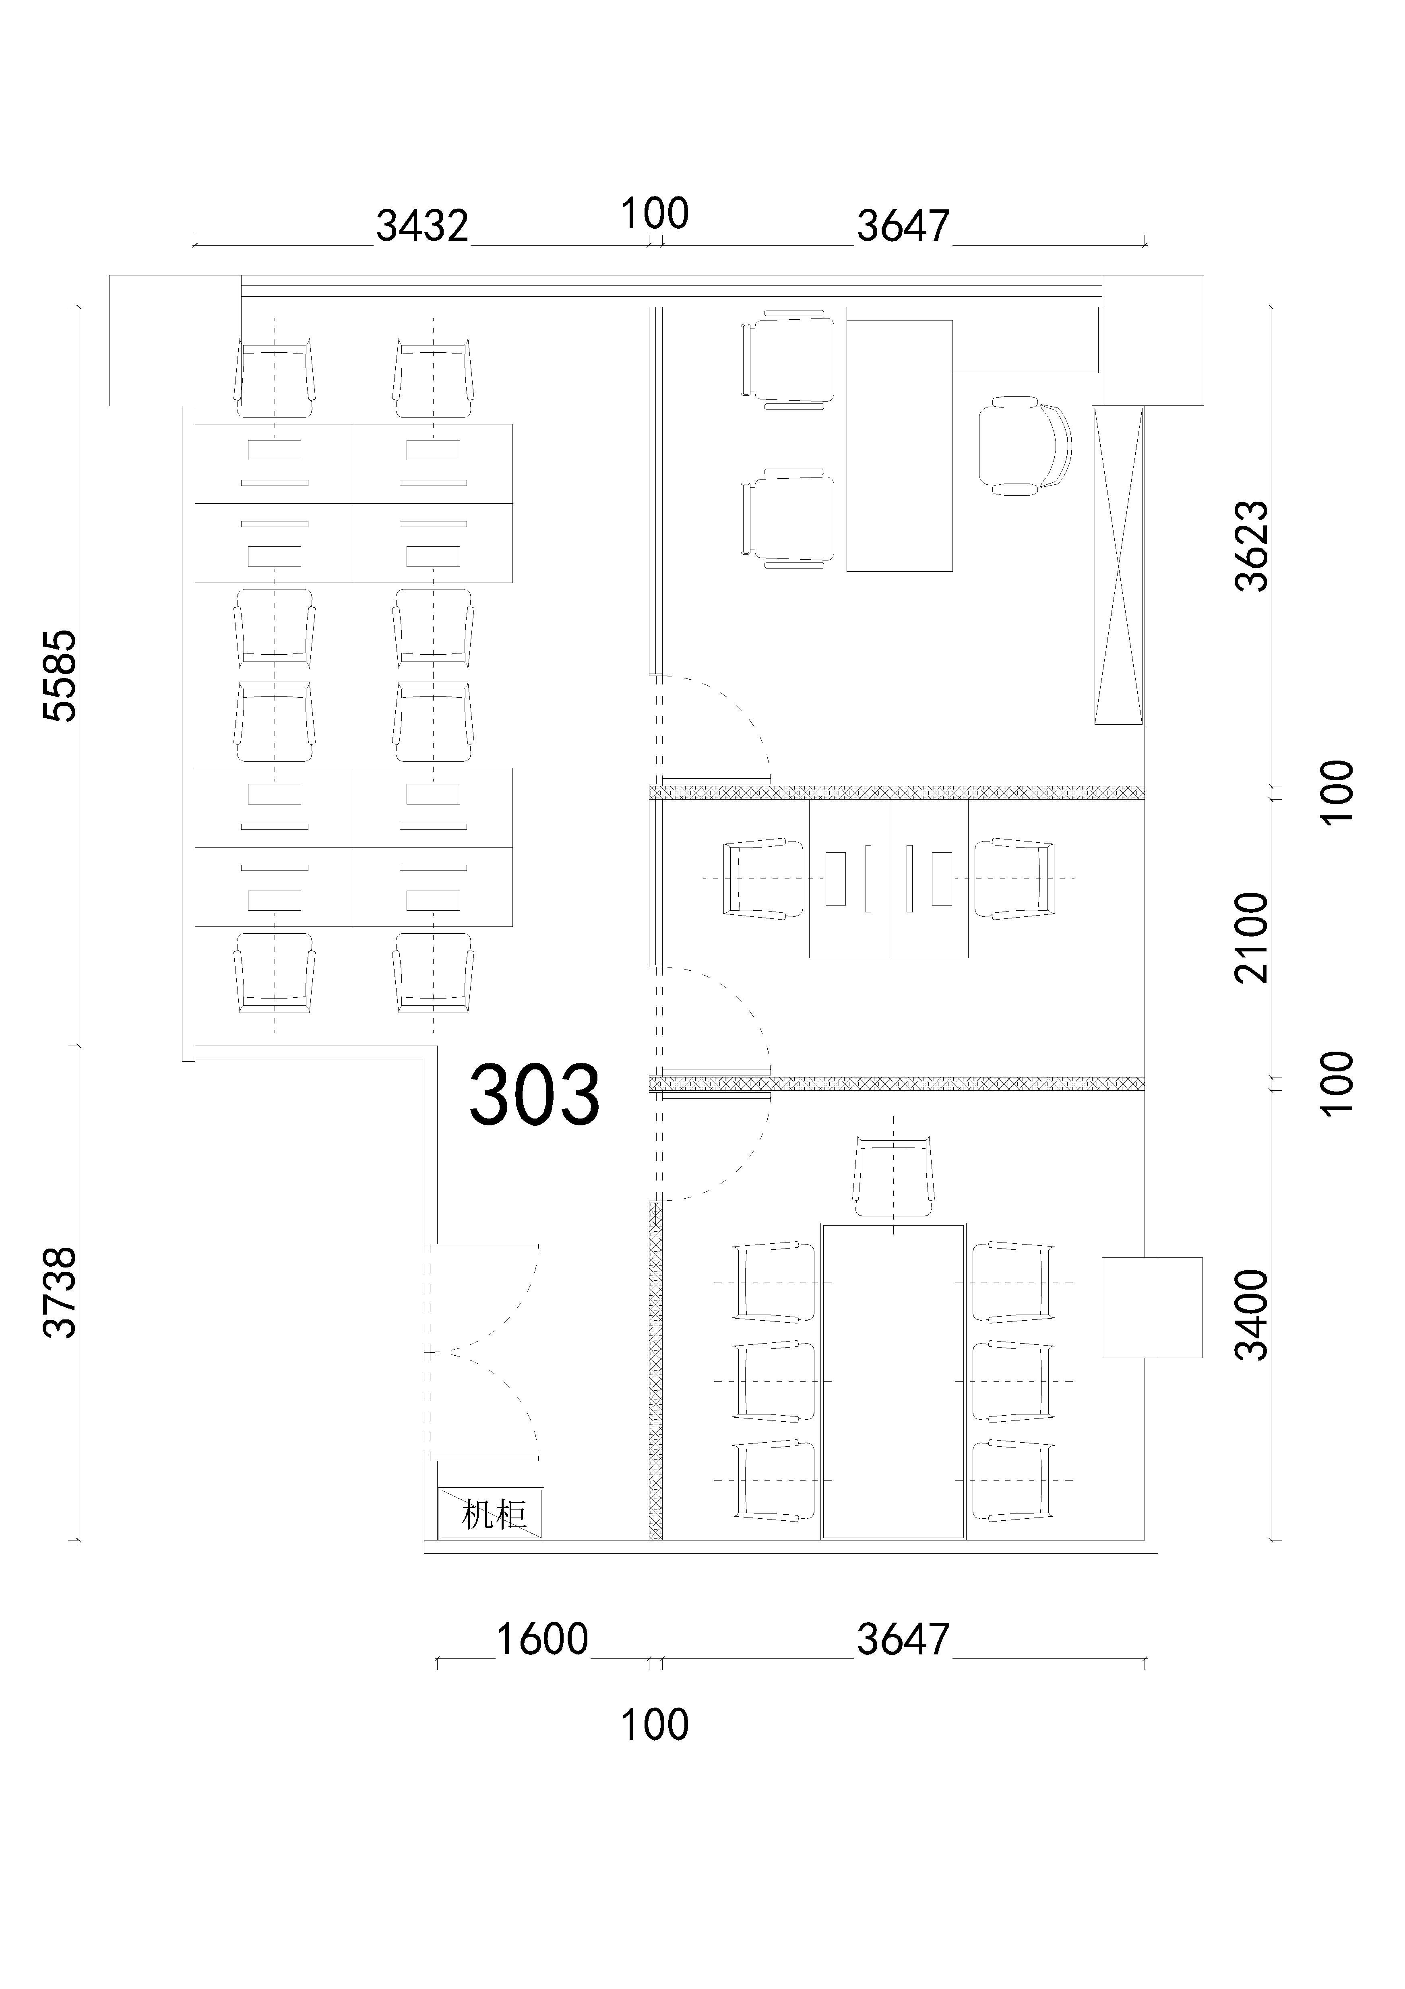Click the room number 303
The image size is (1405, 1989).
(x=535, y=1095)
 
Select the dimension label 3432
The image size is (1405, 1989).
(x=422, y=226)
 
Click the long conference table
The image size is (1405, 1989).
(x=893, y=1380)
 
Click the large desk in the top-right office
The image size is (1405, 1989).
(x=899, y=445)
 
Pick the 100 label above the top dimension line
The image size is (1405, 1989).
(x=655, y=213)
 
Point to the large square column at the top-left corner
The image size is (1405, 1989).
(x=175, y=341)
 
